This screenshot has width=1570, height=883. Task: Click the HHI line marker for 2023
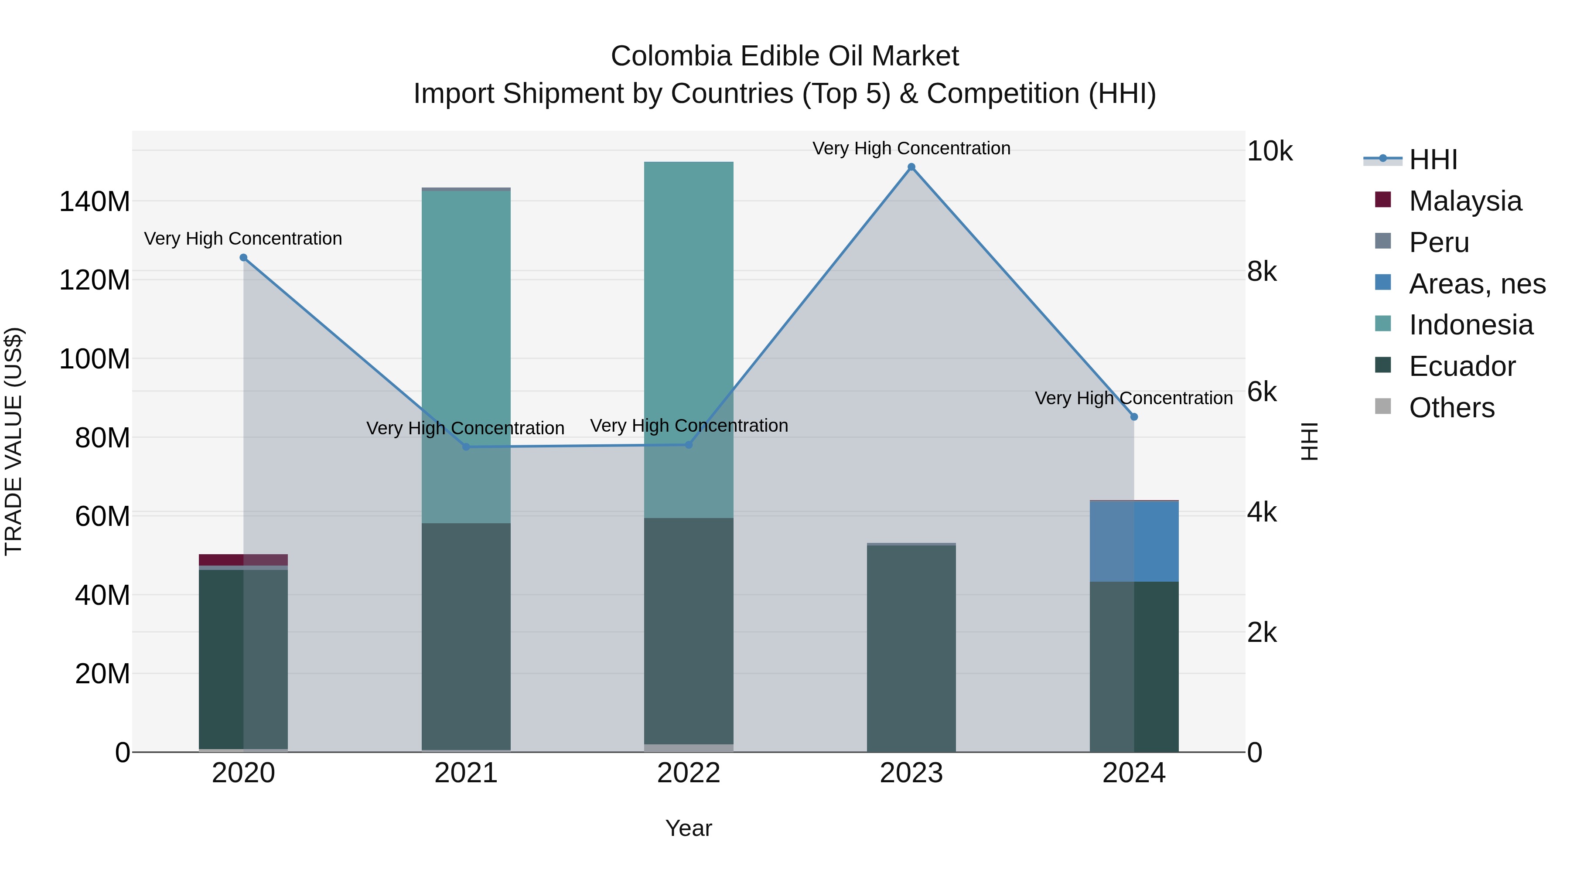pos(911,167)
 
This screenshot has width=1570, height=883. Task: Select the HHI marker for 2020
pos(243,258)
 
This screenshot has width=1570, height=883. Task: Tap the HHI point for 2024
pos(1133,417)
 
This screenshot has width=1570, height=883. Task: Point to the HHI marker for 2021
pos(466,447)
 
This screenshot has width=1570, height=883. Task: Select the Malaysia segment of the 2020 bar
pos(243,559)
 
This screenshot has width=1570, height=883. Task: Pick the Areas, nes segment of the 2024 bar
pos(1133,541)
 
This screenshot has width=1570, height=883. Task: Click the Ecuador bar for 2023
pos(911,648)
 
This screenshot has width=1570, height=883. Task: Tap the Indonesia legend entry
pos(1470,325)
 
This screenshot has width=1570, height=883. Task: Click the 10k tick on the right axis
pos(1270,151)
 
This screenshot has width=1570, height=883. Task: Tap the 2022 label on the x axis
pos(689,773)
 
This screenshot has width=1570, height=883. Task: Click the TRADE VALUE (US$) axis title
pos(14,441)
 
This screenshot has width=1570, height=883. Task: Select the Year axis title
pos(689,828)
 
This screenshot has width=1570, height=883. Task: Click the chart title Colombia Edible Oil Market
pos(785,56)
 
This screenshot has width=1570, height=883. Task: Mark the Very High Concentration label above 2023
pos(911,148)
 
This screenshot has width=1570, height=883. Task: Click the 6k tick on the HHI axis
pos(1262,392)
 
